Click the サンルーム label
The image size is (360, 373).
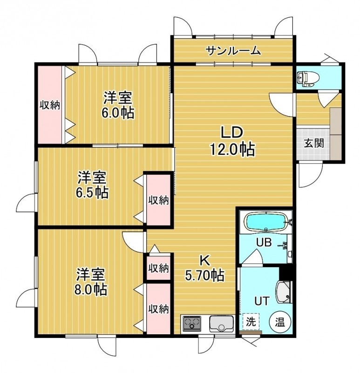(233, 51)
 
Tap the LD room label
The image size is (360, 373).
(231, 133)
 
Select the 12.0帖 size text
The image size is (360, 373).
(232, 150)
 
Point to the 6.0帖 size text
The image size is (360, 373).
(118, 113)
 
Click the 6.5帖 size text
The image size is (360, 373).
(92, 193)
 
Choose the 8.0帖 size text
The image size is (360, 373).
(90, 289)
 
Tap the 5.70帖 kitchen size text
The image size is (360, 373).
(204, 276)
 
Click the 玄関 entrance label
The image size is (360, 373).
(314, 143)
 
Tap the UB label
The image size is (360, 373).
(264, 242)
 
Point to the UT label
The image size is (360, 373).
(262, 301)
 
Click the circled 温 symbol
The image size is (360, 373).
(280, 323)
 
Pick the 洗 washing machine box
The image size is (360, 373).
(251, 322)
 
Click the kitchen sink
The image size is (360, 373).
(221, 324)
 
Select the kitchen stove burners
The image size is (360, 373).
(191, 323)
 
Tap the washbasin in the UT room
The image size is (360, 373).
(284, 292)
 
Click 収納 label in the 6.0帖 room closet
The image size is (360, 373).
(49, 105)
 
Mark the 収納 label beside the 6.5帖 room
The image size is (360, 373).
(158, 200)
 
